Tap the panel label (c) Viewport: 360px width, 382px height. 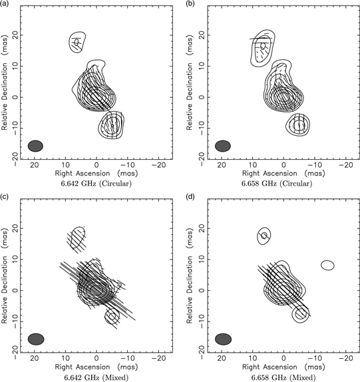5,196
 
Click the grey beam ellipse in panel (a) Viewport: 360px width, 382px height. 35,145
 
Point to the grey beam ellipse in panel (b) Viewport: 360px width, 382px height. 223,145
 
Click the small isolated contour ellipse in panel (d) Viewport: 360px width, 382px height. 327,265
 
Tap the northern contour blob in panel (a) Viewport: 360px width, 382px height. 77,43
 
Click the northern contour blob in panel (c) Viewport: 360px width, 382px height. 78,237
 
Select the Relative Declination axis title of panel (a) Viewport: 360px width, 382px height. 6,87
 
